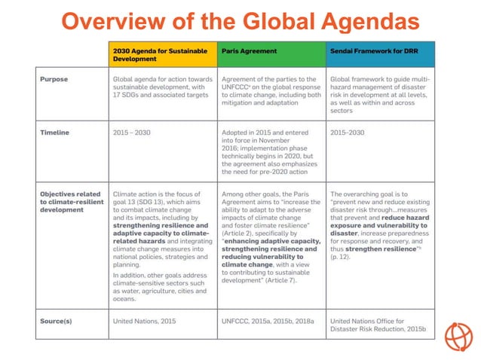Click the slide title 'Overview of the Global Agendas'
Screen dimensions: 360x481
tap(240, 20)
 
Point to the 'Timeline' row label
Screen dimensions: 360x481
tap(55, 132)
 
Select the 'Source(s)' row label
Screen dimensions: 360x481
tap(59, 321)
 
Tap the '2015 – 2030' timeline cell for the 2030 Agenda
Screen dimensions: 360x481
tap(131, 132)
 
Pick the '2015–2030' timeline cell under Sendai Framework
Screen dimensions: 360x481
tap(348, 132)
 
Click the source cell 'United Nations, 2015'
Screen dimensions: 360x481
tap(144, 321)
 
